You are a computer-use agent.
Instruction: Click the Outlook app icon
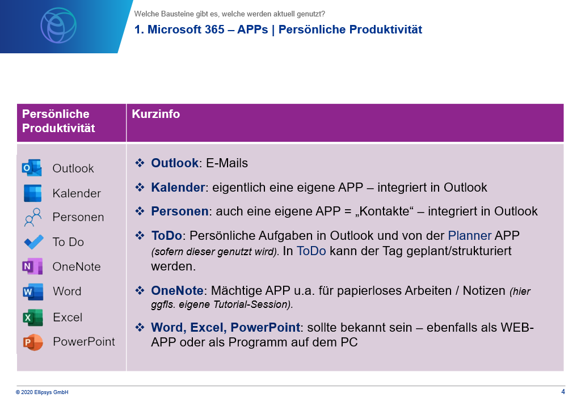pos(32,168)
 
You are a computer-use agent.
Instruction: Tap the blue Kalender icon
pos(32,193)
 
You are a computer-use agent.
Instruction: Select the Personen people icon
pos(33,217)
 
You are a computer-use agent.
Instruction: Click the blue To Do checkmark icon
pos(33,242)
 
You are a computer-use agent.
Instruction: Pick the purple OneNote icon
pos(32,266)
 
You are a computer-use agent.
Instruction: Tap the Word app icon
pos(33,291)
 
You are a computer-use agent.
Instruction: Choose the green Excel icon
pos(33,318)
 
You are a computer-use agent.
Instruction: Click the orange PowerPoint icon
pos(33,342)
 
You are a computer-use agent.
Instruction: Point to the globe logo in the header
pos(58,26)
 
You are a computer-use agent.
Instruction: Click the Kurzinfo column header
pos(156,114)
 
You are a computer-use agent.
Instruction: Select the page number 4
pos(563,392)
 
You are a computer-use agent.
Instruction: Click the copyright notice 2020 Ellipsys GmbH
pos(42,392)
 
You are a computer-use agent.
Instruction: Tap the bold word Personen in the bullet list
pos(180,211)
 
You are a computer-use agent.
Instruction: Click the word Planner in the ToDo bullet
pos(470,236)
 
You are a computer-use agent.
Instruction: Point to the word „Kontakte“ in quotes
pos(384,211)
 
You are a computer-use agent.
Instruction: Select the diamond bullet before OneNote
pos(140,290)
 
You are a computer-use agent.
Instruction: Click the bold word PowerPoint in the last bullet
pos(266,328)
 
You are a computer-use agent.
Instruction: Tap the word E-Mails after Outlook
pos(227,163)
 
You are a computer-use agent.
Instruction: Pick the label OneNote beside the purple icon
pos(77,267)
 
